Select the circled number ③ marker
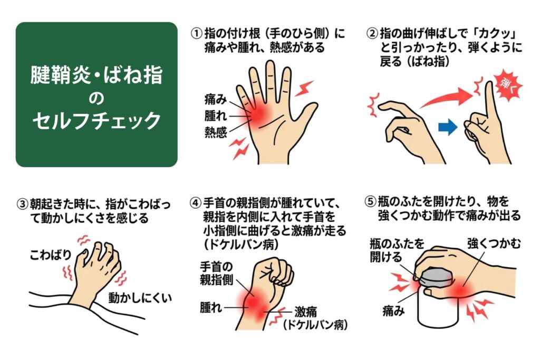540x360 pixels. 22,203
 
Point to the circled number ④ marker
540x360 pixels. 196,203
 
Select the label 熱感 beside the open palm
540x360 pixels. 216,132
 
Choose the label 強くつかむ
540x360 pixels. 494,244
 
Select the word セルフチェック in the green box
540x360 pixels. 96,121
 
